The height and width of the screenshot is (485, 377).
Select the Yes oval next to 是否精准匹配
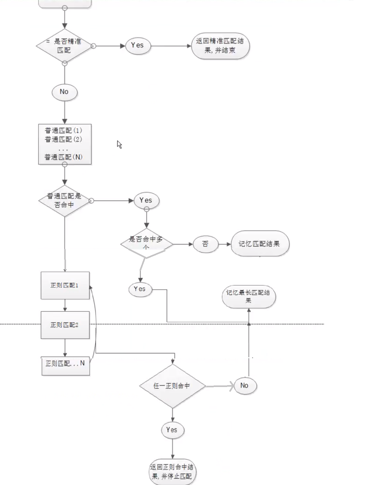pos(138,46)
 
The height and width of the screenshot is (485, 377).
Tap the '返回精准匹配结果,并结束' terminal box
pos(220,46)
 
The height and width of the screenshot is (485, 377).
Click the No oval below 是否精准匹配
pos(64,92)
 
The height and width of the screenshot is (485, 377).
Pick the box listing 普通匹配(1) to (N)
pos(65,144)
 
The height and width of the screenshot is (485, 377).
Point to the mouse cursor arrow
pos(119,144)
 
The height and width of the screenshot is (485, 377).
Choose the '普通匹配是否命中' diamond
pos(64,201)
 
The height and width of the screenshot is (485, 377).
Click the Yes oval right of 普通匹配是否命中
pos(146,200)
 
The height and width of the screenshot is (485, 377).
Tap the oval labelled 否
pos(205,244)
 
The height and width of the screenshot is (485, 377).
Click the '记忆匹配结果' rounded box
pos(260,244)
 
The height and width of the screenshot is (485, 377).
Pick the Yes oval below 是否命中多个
pos(140,289)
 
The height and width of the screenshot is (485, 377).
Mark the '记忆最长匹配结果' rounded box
pos(249,296)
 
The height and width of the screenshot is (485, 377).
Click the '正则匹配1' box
pos(65,286)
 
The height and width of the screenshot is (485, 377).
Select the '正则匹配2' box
pos(65,325)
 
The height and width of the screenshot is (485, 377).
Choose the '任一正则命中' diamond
pos(172,386)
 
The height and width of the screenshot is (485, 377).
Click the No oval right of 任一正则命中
pos(245,386)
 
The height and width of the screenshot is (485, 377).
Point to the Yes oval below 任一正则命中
pos(172,430)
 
